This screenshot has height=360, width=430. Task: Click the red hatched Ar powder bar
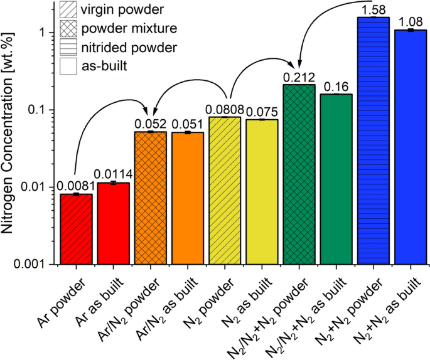[76, 229]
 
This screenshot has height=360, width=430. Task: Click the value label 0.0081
[75, 186]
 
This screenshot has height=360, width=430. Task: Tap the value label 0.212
[298, 77]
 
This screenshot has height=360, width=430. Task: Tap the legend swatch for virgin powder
[65, 11]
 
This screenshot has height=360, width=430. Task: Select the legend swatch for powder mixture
[65, 29]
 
